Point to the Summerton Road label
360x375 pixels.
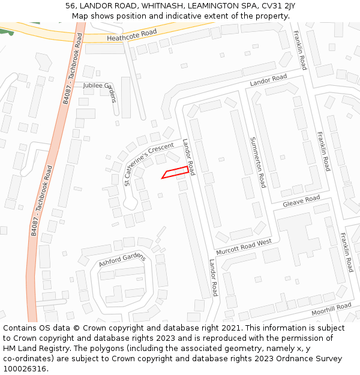click(257, 162)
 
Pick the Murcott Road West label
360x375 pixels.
click(244, 247)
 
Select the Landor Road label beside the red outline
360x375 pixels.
click(188, 157)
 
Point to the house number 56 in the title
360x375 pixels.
click(71, 6)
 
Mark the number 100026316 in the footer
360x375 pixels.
click(25, 369)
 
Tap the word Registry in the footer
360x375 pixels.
click(40, 349)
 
